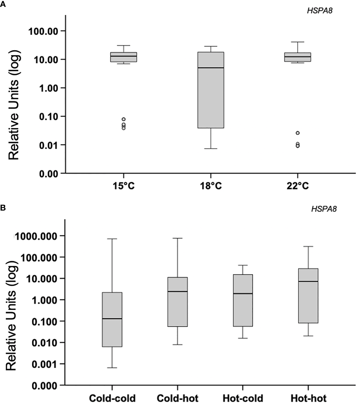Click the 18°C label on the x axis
coord(211,186)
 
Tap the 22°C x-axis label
coord(297,186)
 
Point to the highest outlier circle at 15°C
coord(123,119)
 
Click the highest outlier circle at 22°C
coord(297,133)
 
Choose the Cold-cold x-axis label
coord(112,398)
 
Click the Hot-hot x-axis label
coord(308,398)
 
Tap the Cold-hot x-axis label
coord(177,398)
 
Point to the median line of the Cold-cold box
coord(112,319)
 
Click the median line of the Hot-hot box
coord(308,281)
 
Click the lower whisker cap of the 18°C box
coord(211,148)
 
